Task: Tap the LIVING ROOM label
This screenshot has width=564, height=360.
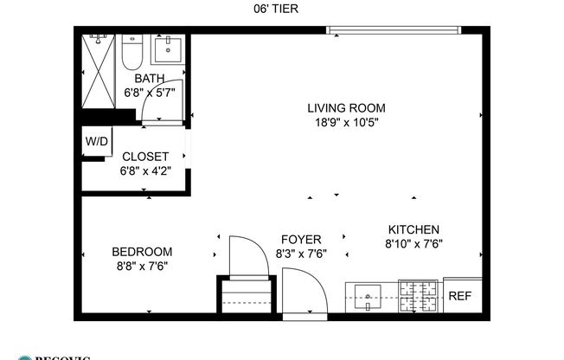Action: coord(346,108)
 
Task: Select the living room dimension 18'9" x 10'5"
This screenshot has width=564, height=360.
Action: coord(346,122)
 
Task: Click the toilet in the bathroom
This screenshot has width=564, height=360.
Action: coord(132,54)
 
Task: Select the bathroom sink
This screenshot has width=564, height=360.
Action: coord(167,49)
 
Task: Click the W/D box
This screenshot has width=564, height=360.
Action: coord(95,141)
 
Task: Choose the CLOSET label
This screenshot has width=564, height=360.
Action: coord(144,157)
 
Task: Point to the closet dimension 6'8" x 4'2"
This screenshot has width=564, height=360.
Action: coord(144,170)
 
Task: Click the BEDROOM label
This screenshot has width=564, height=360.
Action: coord(142,252)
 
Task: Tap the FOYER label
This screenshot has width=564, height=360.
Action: coord(301,240)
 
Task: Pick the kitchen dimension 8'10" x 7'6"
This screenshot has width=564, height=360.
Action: coord(413,243)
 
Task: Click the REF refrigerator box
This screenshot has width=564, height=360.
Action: coord(459,296)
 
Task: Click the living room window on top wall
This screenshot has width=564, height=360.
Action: coord(394,31)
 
